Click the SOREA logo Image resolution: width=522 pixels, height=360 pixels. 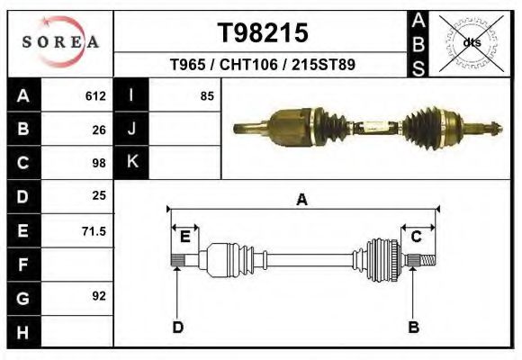pos(59,42)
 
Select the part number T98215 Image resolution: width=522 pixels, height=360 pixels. pos(264,33)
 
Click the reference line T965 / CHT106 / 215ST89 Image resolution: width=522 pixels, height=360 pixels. pos(264,66)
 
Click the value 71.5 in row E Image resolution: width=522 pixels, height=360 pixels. pos(94,230)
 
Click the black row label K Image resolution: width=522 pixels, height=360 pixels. pos(131,163)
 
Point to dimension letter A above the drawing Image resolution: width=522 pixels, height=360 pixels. pos(302,200)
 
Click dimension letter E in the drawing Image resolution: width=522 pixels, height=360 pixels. pos(184,237)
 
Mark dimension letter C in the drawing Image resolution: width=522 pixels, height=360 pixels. pos(417,237)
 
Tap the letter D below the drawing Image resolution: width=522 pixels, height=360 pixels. pos(177,327)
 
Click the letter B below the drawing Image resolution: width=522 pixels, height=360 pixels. pos(413,327)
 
